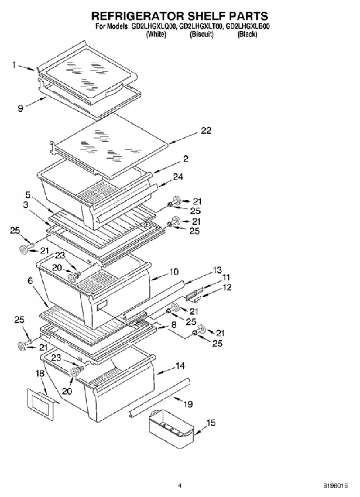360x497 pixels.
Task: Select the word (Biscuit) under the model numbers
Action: (202, 35)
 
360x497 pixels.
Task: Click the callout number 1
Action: (14, 65)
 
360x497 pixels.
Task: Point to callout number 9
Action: (21, 108)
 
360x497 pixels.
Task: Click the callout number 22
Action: (206, 131)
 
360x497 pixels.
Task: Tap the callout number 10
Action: (174, 272)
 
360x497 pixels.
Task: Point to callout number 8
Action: (174, 325)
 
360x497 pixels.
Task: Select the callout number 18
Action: (40, 374)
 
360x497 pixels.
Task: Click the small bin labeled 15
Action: (171, 424)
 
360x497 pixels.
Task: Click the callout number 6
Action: (30, 281)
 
